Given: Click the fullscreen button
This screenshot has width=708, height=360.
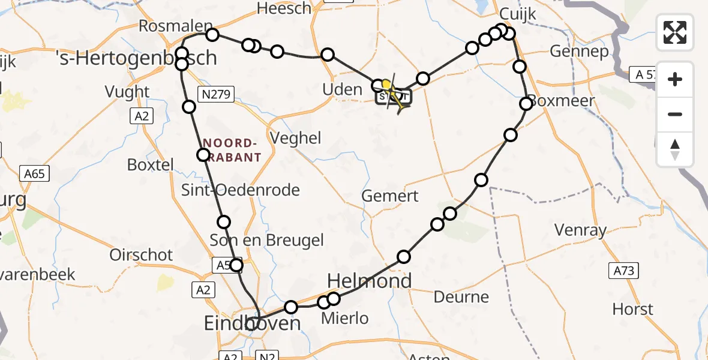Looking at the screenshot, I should pos(675,32).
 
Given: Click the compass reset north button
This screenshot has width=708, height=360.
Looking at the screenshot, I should pos(675,149).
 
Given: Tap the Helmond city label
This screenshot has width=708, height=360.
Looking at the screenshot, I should pos(370,281).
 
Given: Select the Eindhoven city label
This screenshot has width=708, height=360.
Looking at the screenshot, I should pos(252,324).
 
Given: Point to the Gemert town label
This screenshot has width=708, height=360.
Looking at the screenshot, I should pos(390,196).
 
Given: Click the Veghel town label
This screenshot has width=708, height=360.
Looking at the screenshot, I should pos(296,137).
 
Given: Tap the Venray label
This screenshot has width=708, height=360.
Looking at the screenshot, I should pos(580,230).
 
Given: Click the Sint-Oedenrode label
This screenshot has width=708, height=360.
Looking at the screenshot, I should pos(241,190).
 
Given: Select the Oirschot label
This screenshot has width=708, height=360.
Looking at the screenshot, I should pos(141,254).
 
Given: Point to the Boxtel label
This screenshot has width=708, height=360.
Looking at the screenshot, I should pos(151,164).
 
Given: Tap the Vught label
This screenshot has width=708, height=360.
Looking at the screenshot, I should pos(127,92).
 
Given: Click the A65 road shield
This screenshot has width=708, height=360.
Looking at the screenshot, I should pos(35,174).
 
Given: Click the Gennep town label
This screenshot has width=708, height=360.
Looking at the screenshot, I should pos(578,52).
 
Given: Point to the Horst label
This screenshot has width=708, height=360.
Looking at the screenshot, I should pos(633,309).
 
